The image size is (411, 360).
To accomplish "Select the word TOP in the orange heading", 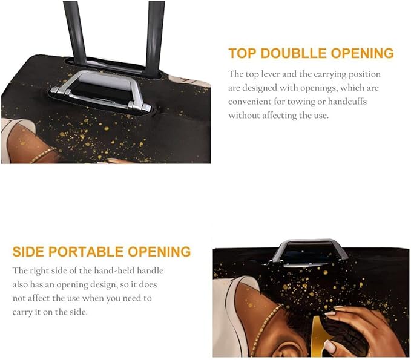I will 241,53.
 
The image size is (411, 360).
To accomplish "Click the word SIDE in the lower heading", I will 28,252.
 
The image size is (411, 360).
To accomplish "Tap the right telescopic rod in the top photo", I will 155,33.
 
